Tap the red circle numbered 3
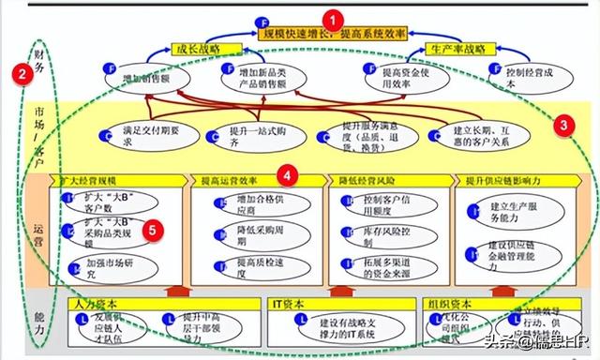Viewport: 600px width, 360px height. pyautogui.click(x=562, y=123)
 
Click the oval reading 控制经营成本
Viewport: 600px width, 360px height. pyautogui.click(x=525, y=75)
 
